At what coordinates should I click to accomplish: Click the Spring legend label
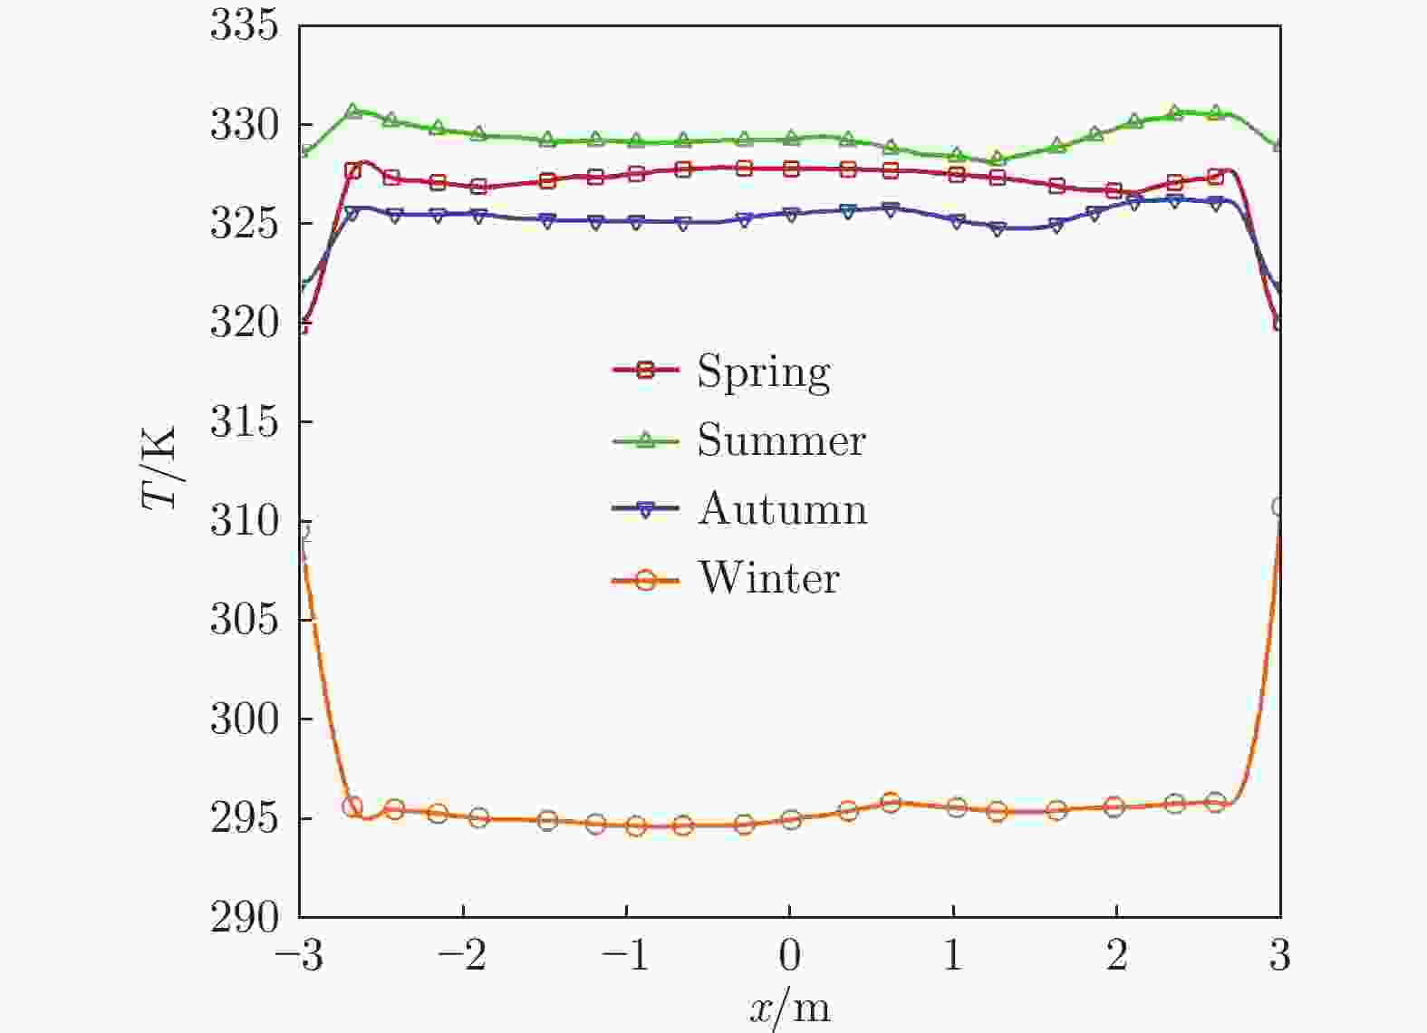(x=763, y=372)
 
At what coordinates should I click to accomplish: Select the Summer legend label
(x=781, y=440)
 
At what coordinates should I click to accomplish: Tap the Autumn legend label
(x=783, y=509)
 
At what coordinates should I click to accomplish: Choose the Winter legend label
(x=768, y=578)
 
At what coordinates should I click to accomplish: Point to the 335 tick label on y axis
(x=243, y=26)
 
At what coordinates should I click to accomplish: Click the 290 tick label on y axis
(x=243, y=917)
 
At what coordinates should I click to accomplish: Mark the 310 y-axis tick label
(x=243, y=521)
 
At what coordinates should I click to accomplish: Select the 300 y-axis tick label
(x=243, y=719)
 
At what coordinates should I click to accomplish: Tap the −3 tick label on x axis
(x=299, y=956)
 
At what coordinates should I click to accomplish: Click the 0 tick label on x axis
(x=790, y=956)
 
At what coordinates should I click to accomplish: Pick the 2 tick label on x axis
(x=1116, y=956)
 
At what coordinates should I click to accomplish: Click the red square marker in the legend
(x=645, y=370)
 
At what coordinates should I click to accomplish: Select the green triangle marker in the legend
(x=645, y=439)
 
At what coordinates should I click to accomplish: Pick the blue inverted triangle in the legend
(x=645, y=511)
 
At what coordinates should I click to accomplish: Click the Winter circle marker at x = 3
(x=1279, y=507)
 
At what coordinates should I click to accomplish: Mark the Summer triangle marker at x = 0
(x=791, y=138)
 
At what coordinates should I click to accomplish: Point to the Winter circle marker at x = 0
(x=791, y=820)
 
